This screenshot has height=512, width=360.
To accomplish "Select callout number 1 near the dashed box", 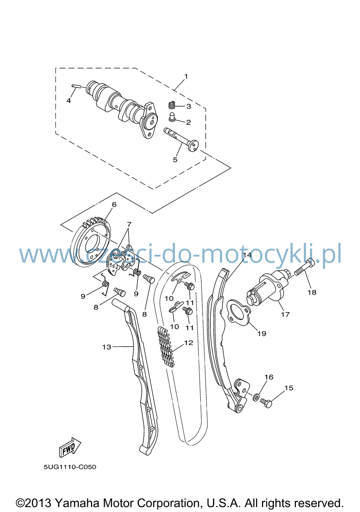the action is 186,76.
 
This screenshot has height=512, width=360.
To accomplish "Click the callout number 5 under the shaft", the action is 175,160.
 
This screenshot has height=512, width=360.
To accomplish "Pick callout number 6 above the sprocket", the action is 114,205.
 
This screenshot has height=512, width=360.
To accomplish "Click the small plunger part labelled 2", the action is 172,117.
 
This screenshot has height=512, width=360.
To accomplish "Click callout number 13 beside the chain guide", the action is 107,347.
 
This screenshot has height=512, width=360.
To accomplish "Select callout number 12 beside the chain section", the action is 189,343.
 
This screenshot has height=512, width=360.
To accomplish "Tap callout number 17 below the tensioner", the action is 285,314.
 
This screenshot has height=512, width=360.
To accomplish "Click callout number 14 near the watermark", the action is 247,255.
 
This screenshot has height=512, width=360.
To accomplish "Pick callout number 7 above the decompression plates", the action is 129,224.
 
